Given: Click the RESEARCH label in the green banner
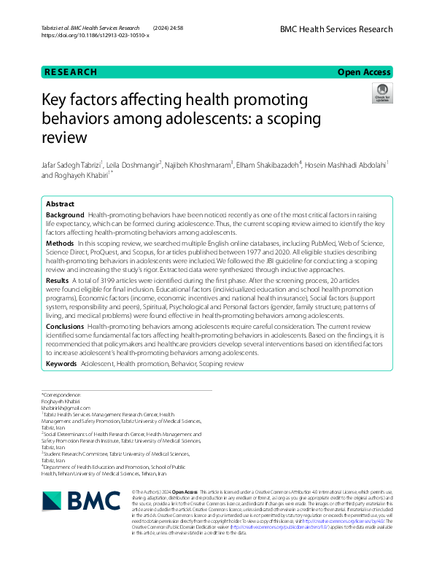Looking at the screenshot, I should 70,71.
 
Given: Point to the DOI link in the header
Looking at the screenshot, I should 96,35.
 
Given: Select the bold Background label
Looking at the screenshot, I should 65,216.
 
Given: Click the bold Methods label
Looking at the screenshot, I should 60,242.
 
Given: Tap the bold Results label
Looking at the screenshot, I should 58,280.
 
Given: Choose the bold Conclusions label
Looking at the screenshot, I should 65,327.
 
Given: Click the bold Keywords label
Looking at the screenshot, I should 62,362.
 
